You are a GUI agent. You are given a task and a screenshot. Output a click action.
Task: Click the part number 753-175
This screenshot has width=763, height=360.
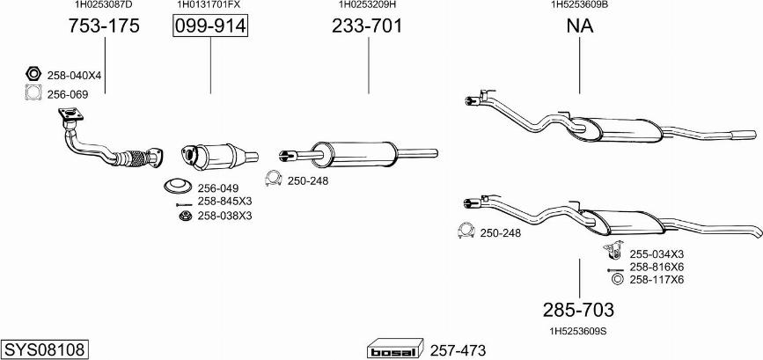point(104,26)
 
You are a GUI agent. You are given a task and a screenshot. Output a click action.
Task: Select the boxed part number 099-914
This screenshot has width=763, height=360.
point(210,26)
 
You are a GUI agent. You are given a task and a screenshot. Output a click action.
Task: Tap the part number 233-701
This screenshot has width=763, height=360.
point(367,26)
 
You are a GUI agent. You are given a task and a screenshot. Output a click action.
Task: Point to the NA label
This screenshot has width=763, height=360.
point(580,26)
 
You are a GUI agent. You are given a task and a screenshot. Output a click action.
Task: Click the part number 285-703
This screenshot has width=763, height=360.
point(578,310)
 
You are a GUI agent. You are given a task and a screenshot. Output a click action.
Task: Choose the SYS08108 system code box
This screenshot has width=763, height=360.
point(45,349)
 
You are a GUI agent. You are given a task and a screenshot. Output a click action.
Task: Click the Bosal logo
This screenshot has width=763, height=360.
point(395,349)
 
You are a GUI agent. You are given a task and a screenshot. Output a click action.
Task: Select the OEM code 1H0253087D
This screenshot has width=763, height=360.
point(104,4)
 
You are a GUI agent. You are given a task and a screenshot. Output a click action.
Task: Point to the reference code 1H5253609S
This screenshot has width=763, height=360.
point(578,331)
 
